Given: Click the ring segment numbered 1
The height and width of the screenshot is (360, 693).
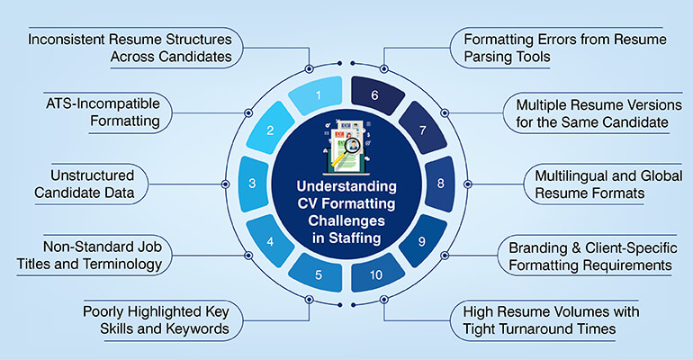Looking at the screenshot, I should [x=316, y=93].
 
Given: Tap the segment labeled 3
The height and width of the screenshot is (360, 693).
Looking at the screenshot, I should [x=253, y=184].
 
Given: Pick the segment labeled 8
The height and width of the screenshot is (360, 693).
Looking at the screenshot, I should [x=440, y=184].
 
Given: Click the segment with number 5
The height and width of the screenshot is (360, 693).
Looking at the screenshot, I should [x=317, y=274].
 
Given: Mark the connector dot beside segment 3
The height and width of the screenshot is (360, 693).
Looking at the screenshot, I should [x=224, y=184].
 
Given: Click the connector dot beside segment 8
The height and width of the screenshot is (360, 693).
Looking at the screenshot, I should [x=469, y=184].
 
